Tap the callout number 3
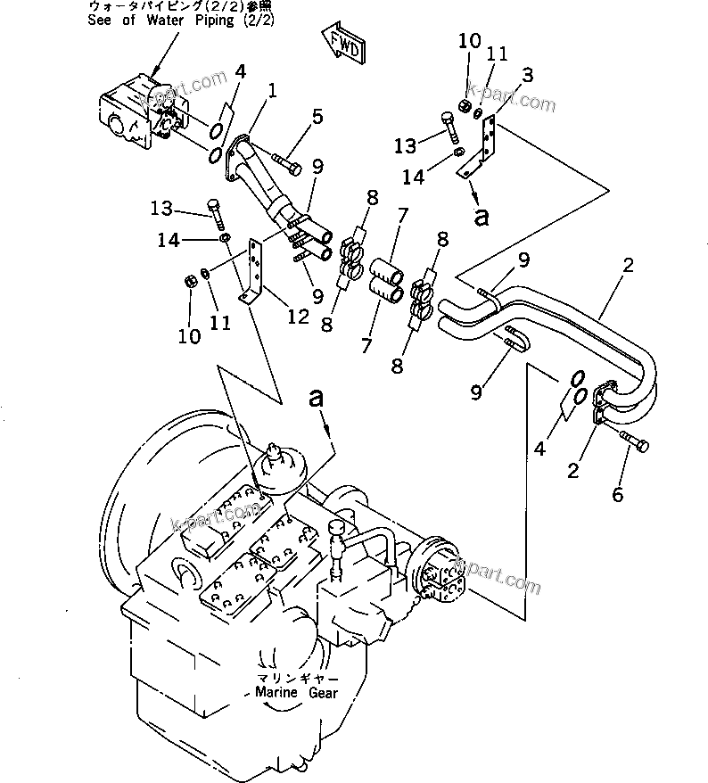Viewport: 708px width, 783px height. tap(528, 76)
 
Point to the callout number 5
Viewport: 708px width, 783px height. tap(317, 117)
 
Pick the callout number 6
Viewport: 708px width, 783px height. tap(617, 495)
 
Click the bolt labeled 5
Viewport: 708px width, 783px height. tap(286, 161)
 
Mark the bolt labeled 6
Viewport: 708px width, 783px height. tap(634, 441)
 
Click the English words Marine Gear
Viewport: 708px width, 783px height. tap(296, 692)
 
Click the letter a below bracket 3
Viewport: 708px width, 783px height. tap(482, 217)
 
